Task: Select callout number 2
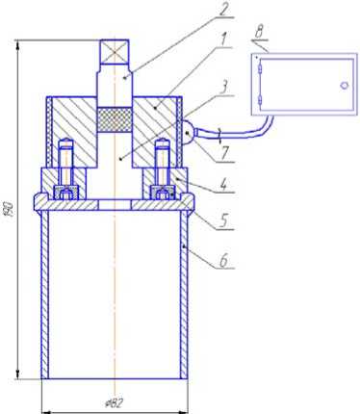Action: point(223,10)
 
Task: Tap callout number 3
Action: point(224,88)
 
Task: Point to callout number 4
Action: point(224,185)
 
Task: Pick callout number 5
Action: point(223,221)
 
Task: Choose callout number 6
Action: point(223,260)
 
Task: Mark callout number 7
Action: point(224,153)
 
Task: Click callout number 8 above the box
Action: point(260,33)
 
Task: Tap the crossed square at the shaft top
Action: point(115,51)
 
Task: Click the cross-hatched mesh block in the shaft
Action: point(115,119)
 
